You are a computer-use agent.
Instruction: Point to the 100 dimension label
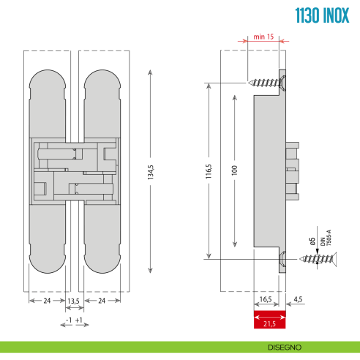233,170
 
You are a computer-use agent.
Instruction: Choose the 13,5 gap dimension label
73,301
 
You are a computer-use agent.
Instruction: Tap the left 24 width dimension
47,301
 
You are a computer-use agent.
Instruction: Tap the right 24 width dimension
101,301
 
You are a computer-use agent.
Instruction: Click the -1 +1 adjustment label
73,320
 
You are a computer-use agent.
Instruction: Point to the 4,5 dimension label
299,299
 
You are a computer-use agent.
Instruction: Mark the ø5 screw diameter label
312,241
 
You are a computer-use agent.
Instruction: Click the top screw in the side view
266,83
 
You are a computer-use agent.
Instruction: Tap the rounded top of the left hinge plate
47,81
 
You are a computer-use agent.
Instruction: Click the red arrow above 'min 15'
264,43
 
